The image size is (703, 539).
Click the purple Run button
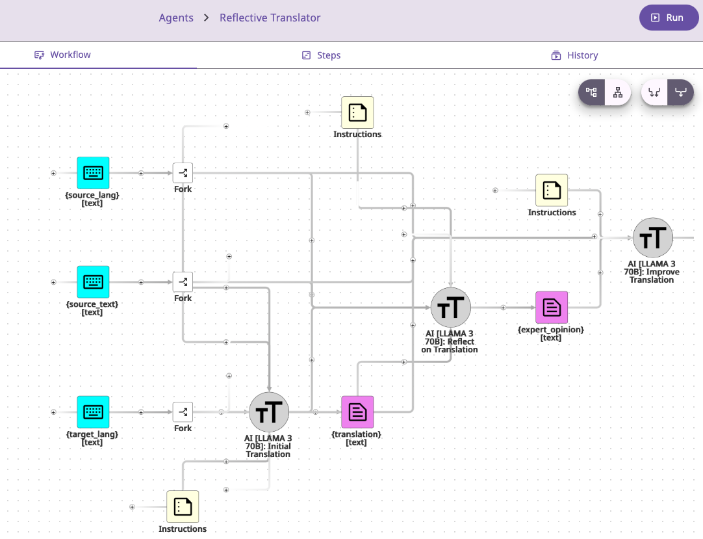(x=669, y=18)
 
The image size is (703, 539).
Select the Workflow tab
(x=63, y=55)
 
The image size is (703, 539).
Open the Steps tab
(x=322, y=55)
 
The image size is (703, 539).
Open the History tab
(x=574, y=55)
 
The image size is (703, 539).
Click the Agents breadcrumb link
(x=176, y=18)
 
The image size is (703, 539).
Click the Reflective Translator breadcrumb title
(x=270, y=18)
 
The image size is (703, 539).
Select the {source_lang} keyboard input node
(x=93, y=173)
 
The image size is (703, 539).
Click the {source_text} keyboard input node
(x=93, y=282)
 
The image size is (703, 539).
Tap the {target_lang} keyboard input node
(x=93, y=412)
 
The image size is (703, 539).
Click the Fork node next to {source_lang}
(x=183, y=173)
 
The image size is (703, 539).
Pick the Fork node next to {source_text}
(x=183, y=282)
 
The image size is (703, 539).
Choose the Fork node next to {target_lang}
(x=183, y=412)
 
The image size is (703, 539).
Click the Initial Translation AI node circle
(x=269, y=412)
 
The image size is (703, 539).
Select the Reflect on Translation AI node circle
(x=451, y=308)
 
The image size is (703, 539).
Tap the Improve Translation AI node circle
(x=653, y=238)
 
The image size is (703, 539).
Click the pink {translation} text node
(x=357, y=412)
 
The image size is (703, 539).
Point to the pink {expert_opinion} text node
(x=552, y=308)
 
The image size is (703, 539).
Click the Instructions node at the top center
(x=357, y=112)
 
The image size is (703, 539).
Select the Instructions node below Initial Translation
(x=183, y=506)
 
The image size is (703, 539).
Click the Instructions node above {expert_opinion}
(x=552, y=191)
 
